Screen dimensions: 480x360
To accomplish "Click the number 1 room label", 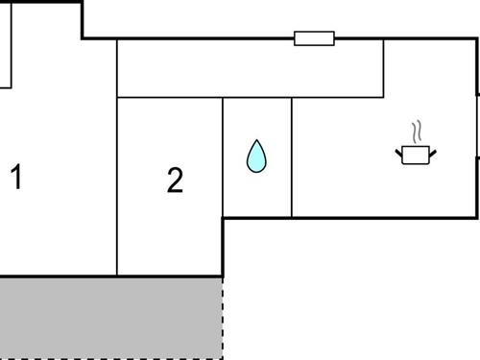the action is (x=15, y=177).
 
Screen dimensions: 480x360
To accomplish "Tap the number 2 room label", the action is (x=174, y=180).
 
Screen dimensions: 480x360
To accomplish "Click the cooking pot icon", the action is (x=416, y=154).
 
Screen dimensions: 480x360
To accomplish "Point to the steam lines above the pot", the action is (x=417, y=132).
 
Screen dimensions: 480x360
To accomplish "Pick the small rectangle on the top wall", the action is (x=314, y=38).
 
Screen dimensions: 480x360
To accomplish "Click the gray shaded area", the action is (x=110, y=317).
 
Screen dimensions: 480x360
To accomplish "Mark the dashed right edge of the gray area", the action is (x=223, y=317).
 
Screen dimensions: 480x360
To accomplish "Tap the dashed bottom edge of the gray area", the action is (x=110, y=358).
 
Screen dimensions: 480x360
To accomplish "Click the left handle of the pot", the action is (x=399, y=151).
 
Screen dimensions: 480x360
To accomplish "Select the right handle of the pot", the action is (x=433, y=151).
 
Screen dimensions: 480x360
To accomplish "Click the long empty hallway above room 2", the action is (x=250, y=68).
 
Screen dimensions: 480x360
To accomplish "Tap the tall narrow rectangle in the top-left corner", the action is (x=4, y=43).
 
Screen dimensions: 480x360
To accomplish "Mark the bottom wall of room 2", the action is (x=170, y=276).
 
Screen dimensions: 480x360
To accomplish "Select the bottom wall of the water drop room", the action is (x=256, y=218).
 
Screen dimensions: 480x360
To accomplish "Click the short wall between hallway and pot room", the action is (x=383, y=68).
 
